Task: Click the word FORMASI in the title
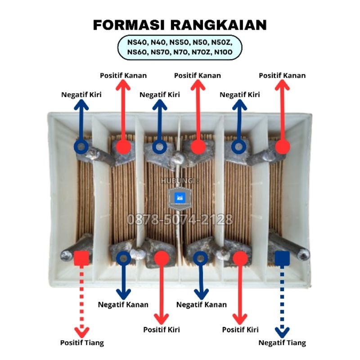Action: (x=129, y=25)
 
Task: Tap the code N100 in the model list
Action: (x=223, y=52)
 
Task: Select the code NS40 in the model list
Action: (x=136, y=42)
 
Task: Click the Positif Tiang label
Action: (x=82, y=342)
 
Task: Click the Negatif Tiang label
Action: (x=282, y=342)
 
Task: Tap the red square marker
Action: (x=81, y=258)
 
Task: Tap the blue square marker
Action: (x=282, y=258)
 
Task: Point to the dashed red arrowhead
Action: (x=82, y=332)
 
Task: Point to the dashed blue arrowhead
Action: (x=282, y=332)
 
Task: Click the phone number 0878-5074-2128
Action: (x=180, y=219)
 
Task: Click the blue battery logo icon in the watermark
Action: (x=180, y=198)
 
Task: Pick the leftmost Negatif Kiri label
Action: (x=81, y=94)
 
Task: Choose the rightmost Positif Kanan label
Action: (x=282, y=76)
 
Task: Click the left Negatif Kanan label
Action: (x=123, y=305)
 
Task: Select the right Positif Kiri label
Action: (x=240, y=330)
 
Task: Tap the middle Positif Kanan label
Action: (x=198, y=76)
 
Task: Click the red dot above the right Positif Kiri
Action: (x=240, y=258)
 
